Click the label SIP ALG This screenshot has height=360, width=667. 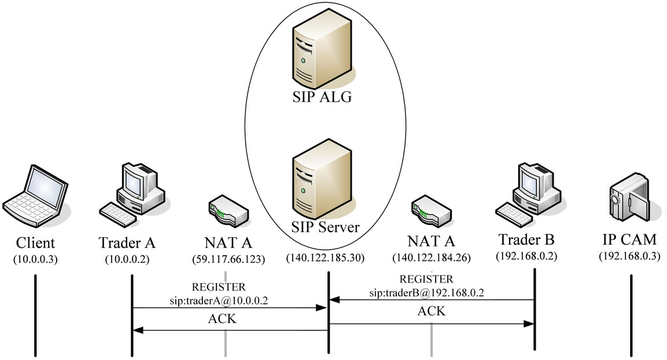tap(322, 97)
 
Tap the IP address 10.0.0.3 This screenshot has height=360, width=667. tap(35, 259)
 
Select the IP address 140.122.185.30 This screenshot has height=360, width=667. tap(325, 259)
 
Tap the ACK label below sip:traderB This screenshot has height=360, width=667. tap(432, 311)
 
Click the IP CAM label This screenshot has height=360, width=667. tap(629, 241)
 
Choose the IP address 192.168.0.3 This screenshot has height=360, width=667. tap(629, 256)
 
